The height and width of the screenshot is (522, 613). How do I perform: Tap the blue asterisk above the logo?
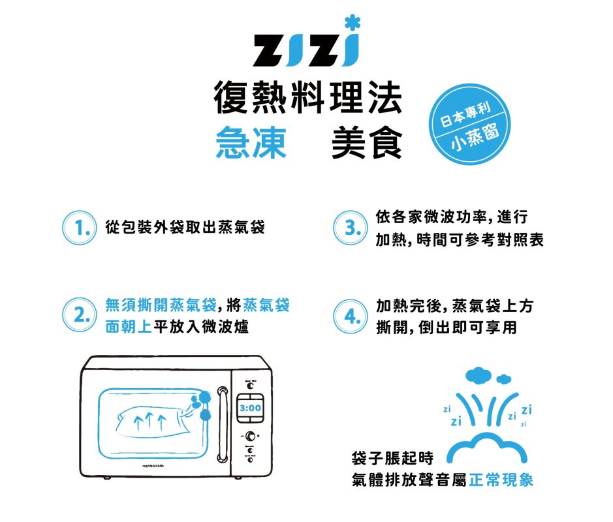point(353,23)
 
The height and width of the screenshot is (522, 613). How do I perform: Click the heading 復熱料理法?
point(308,98)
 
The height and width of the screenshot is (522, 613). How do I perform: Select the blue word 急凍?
point(251,143)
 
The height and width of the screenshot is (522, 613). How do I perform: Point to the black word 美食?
point(367,143)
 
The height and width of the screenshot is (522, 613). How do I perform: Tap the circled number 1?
point(79,228)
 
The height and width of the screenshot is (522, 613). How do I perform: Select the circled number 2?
point(79,315)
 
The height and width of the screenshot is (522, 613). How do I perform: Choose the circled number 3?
point(351,228)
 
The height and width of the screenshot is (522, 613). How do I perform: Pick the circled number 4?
point(351,316)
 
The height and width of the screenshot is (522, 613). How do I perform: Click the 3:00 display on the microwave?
point(250,408)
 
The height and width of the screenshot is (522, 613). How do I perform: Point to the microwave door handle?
point(223,425)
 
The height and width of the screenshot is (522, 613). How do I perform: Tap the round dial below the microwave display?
point(251,436)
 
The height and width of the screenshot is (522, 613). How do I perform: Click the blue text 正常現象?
point(501,480)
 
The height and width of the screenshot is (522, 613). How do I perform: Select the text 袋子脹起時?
point(392,458)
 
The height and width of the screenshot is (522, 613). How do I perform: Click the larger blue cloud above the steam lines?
point(478,375)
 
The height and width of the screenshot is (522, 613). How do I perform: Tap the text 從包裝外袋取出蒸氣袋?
point(185,227)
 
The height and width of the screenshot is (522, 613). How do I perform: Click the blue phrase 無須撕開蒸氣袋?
point(161,305)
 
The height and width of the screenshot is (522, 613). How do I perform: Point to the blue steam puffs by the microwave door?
point(202,405)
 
